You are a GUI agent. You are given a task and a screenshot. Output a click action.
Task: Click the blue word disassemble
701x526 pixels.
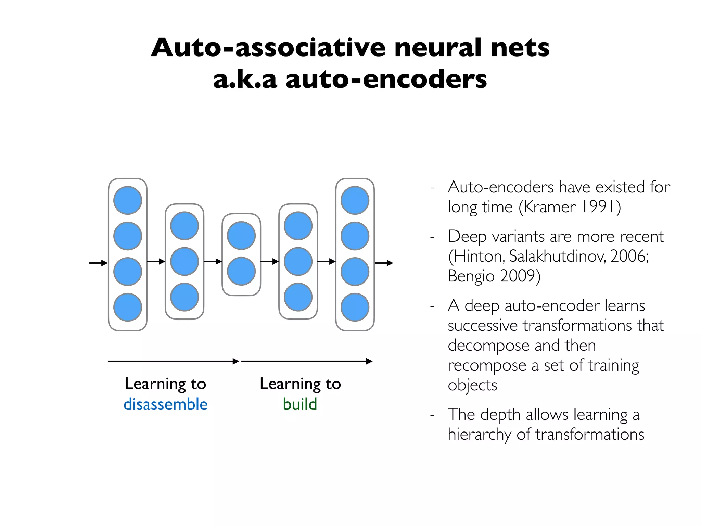(165, 404)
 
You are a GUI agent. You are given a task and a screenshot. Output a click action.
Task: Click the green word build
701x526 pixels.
(300, 404)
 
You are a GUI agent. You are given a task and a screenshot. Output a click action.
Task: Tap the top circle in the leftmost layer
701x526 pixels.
(128, 200)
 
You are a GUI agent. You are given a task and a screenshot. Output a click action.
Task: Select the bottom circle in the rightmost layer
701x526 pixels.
(355, 307)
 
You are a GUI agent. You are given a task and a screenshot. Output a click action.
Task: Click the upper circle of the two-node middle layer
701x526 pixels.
(241, 236)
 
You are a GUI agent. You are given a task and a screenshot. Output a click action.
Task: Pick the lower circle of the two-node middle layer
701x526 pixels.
(241, 271)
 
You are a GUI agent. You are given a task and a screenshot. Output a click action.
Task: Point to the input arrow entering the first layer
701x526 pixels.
(98, 263)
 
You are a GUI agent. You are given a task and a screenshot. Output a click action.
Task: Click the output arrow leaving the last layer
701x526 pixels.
(384, 263)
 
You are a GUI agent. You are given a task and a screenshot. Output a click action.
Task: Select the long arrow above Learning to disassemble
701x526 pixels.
(173, 361)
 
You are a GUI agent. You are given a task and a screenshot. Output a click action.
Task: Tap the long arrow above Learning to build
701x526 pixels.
(307, 361)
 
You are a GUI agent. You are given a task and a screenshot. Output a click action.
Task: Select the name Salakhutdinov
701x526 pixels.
(557, 256)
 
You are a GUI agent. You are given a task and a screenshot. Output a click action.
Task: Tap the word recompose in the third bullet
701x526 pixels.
(487, 366)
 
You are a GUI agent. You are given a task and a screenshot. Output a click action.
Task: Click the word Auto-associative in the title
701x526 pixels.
(268, 48)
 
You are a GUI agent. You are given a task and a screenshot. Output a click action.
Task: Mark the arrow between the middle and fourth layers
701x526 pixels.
(269, 262)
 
